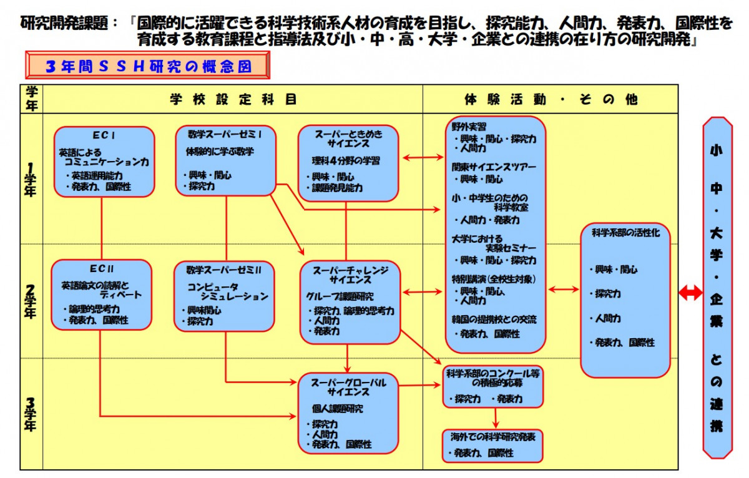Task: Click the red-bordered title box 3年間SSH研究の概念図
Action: (148, 66)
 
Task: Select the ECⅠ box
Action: (104, 162)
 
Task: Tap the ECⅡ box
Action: (101, 295)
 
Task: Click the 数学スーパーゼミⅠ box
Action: (226, 160)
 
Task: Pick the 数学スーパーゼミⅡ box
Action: (224, 296)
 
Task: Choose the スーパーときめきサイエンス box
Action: (348, 163)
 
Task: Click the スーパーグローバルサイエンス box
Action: (348, 412)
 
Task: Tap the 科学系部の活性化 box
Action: (625, 300)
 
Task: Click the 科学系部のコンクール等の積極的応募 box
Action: (493, 386)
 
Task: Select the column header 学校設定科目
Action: (233, 99)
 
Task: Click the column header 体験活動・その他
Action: (551, 99)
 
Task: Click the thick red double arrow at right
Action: (690, 293)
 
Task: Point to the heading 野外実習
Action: (469, 127)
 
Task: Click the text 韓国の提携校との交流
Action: (494, 320)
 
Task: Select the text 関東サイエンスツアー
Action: (494, 167)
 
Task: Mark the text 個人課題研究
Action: (337, 409)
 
